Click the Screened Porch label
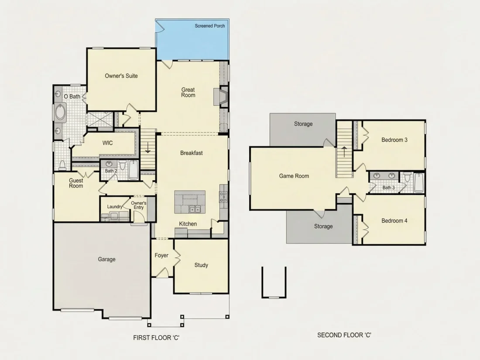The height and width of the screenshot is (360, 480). tap(210, 26)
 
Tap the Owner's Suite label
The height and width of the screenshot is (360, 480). tap(121, 76)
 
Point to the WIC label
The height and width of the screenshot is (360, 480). tap(107, 143)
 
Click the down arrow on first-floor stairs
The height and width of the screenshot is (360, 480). tap(147, 147)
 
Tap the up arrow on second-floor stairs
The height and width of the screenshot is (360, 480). tap(344, 152)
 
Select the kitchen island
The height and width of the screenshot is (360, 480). tap(190, 202)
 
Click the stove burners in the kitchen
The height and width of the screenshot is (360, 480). tap(223, 197)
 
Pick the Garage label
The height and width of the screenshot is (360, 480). tap(106, 259)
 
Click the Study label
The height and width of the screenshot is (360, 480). tap(201, 265)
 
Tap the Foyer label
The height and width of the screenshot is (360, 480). tap(161, 255)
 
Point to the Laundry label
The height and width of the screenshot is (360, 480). tap(114, 207)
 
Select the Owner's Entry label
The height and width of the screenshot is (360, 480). tap(139, 205)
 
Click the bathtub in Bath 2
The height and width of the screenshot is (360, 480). tap(134, 170)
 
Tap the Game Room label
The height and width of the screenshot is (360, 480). tap(294, 176)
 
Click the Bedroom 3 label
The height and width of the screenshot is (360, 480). tap(394, 140)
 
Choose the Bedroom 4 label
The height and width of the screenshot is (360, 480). tap(394, 221)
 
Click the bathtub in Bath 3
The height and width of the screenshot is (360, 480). tap(419, 183)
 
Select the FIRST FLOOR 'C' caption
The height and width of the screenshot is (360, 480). tap(156, 338)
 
